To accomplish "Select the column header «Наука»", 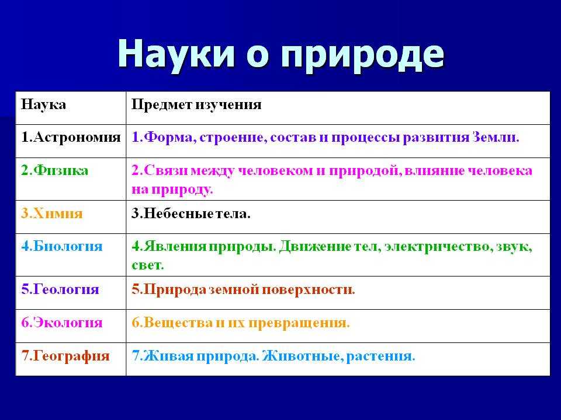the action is pos(43,104).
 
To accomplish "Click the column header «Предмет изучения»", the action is pos(196,105).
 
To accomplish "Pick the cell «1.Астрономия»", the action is pos(71,138).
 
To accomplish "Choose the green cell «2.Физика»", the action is pos(55,170).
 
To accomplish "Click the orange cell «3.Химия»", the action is pos(52,213).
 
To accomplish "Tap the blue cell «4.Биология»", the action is pos(62,246).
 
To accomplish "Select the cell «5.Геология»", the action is pos(60,289).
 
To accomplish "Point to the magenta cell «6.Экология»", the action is pos(62,323).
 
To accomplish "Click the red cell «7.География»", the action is pos(65,356).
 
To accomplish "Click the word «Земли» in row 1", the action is pos(496,138).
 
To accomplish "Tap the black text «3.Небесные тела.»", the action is pos(191,213).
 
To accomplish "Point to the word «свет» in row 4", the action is pos(148,265).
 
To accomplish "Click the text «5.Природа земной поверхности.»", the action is pos(243,289).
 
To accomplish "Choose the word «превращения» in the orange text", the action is pos(299,323).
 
